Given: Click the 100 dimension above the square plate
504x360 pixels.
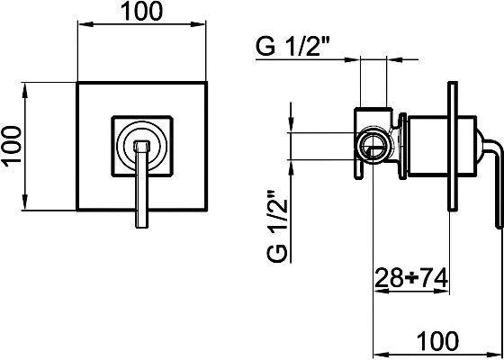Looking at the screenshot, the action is click(142, 12).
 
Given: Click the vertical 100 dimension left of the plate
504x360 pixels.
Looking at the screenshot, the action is click(13, 146).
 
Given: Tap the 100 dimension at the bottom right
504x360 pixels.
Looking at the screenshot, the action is click(437, 340).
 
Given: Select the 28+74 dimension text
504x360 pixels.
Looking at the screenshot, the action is click(411, 278).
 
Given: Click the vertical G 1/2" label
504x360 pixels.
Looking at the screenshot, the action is click(276, 225).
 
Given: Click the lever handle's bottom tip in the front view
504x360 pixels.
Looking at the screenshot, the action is click(142, 227).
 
